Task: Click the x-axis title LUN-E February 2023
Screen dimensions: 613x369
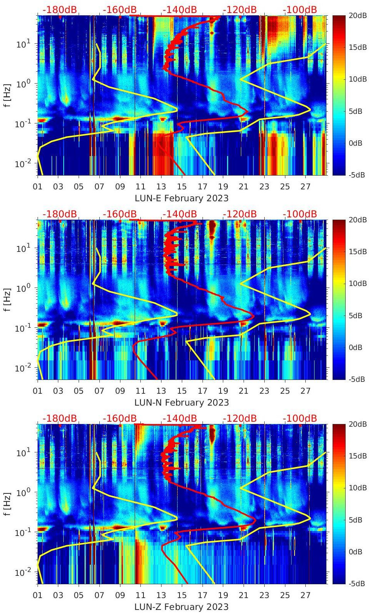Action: [181, 198]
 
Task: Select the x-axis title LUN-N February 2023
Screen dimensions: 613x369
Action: [181, 403]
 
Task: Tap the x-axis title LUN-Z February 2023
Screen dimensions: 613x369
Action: [181, 607]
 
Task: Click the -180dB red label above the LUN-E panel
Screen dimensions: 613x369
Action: [59, 10]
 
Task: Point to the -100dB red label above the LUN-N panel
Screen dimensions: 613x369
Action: [300, 214]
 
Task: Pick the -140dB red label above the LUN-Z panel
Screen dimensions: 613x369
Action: [180, 418]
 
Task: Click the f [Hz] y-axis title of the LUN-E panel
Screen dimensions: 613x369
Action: [7, 95]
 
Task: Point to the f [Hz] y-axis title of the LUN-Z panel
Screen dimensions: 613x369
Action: [7, 504]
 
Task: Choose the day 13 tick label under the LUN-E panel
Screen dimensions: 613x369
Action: [161, 187]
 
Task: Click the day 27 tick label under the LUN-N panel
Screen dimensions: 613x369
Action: [305, 391]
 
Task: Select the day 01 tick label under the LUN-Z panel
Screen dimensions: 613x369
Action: [38, 595]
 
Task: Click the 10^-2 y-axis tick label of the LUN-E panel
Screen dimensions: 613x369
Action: [23, 164]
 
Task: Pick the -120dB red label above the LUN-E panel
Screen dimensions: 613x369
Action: [240, 10]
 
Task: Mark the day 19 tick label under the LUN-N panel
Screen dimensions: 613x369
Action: [223, 391]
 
